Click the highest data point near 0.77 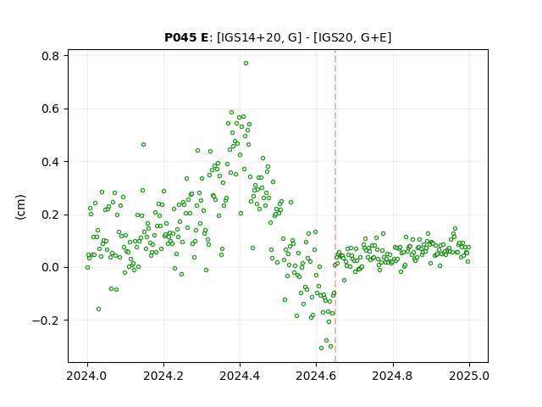(246, 64)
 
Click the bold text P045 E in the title (186, 37)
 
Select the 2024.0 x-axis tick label (87, 376)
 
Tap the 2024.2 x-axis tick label (163, 376)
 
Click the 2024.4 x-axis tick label (240, 376)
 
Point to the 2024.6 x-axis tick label (316, 376)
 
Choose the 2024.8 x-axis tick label (393, 376)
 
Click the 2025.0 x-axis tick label (469, 376)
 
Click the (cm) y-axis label (20, 207)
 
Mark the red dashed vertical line (335, 206)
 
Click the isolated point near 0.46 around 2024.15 (143, 145)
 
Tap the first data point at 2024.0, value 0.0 (87, 268)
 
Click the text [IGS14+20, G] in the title (257, 37)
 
